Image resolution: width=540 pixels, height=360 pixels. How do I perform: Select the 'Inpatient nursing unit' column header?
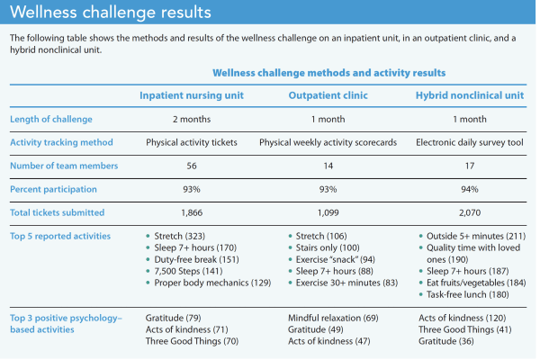click(x=191, y=95)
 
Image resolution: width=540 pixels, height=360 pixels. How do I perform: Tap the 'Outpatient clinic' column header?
click(x=328, y=95)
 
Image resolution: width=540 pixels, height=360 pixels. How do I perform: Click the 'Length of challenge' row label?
click(x=50, y=119)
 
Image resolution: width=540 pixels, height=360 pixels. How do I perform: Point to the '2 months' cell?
click(x=191, y=119)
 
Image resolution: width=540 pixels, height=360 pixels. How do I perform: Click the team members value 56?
click(x=191, y=165)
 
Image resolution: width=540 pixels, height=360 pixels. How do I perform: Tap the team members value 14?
click(x=328, y=165)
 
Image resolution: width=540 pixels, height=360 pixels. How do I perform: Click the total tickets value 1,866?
click(x=191, y=211)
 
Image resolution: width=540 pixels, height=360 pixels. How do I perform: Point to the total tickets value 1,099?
click(x=328, y=211)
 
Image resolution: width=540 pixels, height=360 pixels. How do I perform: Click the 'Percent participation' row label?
click(x=53, y=188)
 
